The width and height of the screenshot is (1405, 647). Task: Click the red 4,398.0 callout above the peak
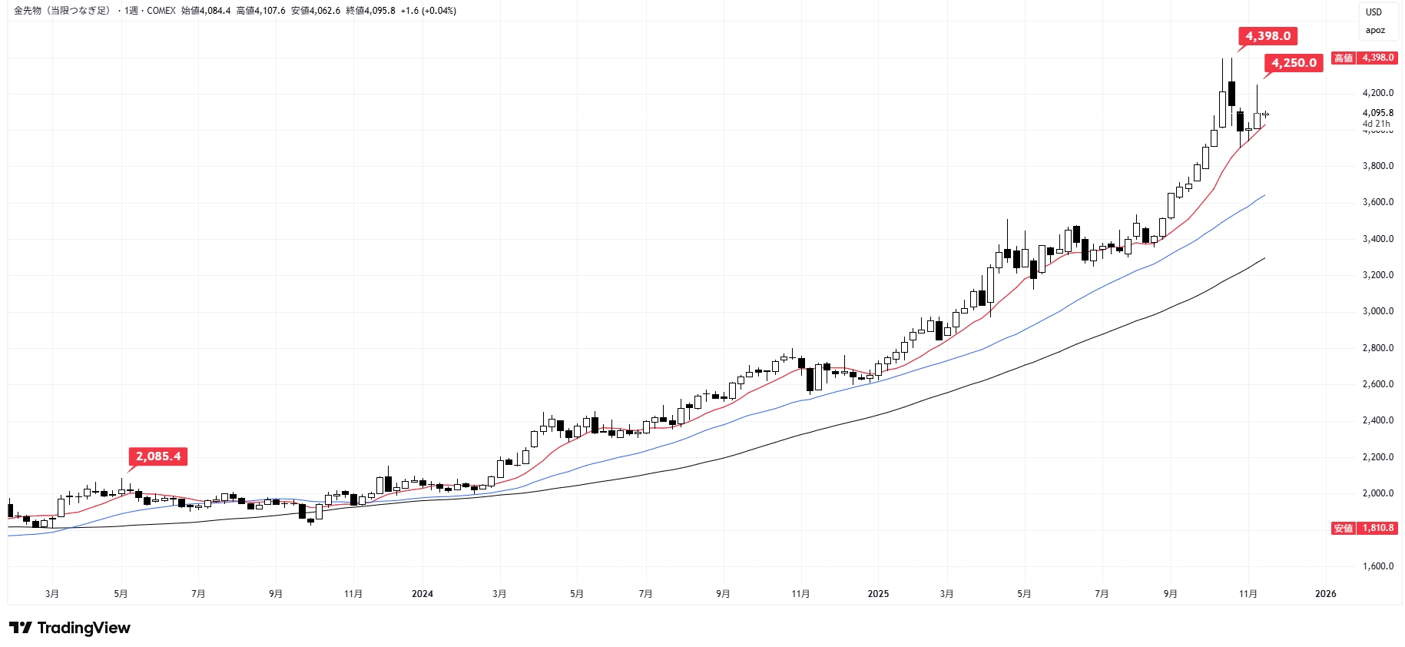pyautogui.click(x=1267, y=36)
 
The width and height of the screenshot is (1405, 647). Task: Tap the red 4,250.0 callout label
pyautogui.click(x=1294, y=63)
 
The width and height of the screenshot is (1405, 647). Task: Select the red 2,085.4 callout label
pyautogui.click(x=158, y=456)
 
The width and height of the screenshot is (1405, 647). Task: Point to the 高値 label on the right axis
pyautogui.click(x=1344, y=58)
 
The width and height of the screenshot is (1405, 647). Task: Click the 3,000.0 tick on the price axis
pyautogui.click(x=1377, y=311)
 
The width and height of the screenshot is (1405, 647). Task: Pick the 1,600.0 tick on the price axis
pyautogui.click(x=1377, y=566)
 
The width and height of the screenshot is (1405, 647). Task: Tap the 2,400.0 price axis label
pyautogui.click(x=1377, y=420)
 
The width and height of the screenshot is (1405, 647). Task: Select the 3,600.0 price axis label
pyautogui.click(x=1377, y=202)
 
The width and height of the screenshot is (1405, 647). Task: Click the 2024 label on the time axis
pyautogui.click(x=422, y=594)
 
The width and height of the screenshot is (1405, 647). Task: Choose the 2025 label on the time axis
pyautogui.click(x=878, y=594)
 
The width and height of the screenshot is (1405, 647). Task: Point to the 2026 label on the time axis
pyautogui.click(x=1325, y=594)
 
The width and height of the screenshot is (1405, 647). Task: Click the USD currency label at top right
pyautogui.click(x=1374, y=12)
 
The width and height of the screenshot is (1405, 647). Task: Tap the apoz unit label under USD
pyautogui.click(x=1375, y=31)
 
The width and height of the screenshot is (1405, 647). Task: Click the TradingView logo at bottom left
pyautogui.click(x=70, y=628)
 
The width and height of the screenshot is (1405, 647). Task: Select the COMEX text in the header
pyautogui.click(x=161, y=11)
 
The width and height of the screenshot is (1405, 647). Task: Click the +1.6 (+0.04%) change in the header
pyautogui.click(x=428, y=11)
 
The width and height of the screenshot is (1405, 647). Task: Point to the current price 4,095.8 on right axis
pyautogui.click(x=1377, y=113)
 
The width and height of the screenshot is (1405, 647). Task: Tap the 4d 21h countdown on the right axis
pyautogui.click(x=1376, y=124)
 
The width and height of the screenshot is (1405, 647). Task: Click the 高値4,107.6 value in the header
pyautogui.click(x=260, y=11)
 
